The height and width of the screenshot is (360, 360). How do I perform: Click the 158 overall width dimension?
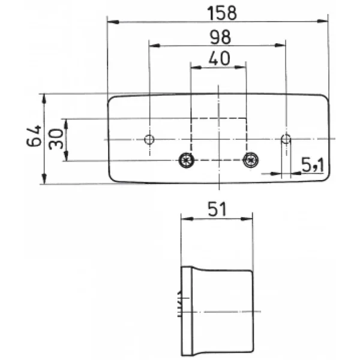pos(222,13)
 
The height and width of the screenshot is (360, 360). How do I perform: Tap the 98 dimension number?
pos(220,37)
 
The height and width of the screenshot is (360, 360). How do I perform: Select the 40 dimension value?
pos(219,58)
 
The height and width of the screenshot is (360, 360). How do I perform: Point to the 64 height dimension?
pos(34,136)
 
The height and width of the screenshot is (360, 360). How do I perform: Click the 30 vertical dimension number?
pos(56,139)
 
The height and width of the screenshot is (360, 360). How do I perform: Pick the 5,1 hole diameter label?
pos(313,165)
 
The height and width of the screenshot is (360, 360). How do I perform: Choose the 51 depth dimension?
pos(217,209)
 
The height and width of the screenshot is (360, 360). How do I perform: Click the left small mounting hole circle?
pos(149,139)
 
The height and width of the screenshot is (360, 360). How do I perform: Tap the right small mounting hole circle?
pos(286,139)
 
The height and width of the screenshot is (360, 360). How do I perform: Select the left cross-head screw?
pos(186,160)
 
